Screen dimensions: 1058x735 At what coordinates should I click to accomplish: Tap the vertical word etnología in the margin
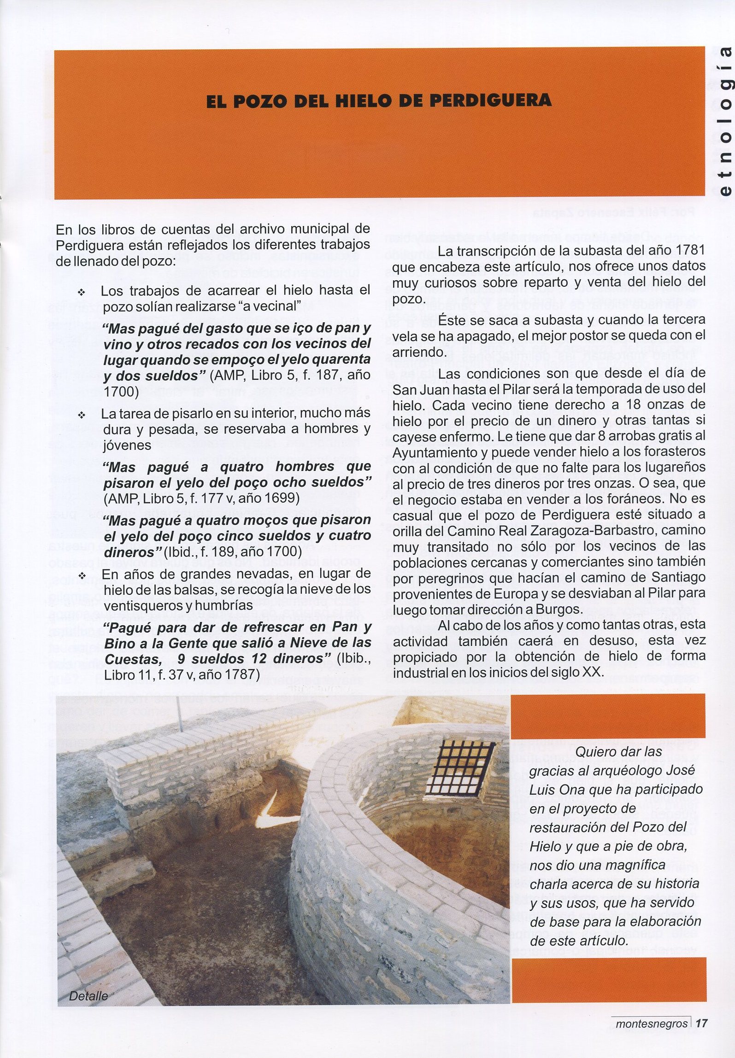click(x=724, y=121)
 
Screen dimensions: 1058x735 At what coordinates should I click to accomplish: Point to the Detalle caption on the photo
click(x=88, y=996)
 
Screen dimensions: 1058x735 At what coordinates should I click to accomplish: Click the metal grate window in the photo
click(x=460, y=767)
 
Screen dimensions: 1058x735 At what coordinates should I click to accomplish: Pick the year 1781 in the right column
click(x=689, y=250)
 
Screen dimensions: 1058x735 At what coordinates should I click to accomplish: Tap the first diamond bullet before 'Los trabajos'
click(x=82, y=292)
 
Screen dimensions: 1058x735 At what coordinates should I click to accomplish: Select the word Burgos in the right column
click(x=559, y=609)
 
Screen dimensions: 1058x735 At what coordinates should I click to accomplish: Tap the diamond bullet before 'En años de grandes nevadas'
click(x=82, y=576)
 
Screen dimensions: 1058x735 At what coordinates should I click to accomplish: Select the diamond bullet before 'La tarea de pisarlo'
click(x=82, y=415)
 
